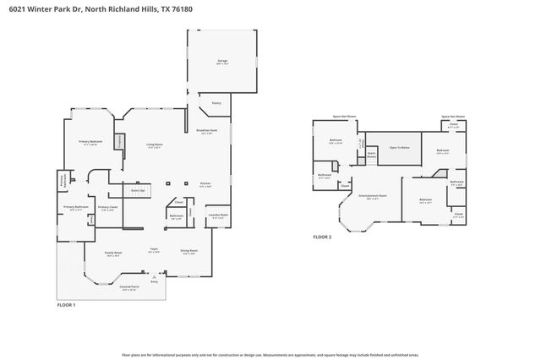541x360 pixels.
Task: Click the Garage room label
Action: (223, 61)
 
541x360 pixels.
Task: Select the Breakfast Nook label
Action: (207, 130)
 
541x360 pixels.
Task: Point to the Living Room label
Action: (154, 145)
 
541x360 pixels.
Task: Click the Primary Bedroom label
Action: (90, 141)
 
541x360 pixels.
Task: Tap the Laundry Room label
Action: (217, 215)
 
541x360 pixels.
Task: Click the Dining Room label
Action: (189, 251)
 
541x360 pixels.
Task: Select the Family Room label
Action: (113, 253)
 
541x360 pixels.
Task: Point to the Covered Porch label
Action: (128, 286)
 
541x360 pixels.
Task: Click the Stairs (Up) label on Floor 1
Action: (137, 191)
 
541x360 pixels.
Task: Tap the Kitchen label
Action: (205, 183)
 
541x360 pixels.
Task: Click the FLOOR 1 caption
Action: (66, 304)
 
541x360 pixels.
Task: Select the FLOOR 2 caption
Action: (322, 237)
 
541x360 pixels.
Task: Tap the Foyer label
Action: (155, 249)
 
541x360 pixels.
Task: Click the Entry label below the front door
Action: (154, 281)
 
